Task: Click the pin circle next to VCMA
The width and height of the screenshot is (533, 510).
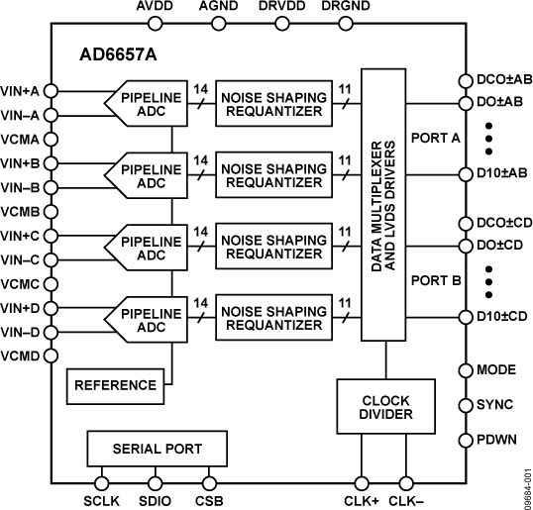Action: pyautogui.click(x=51, y=139)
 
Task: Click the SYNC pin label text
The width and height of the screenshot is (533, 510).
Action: pyautogui.click(x=495, y=405)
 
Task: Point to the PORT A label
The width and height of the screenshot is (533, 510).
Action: pyautogui.click(x=436, y=139)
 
